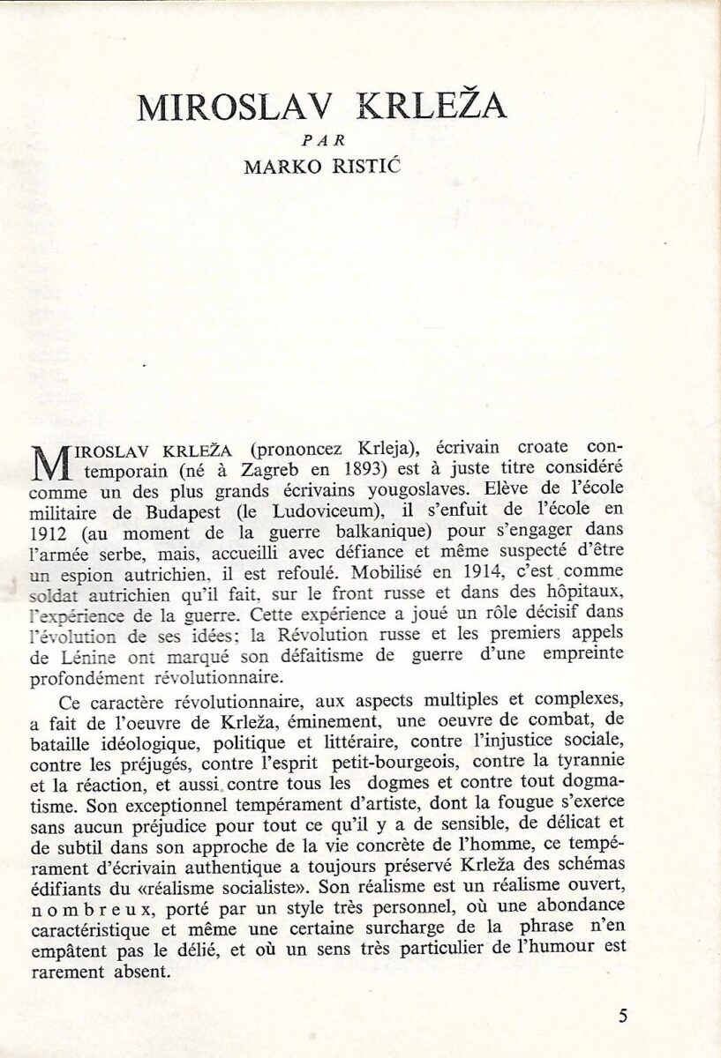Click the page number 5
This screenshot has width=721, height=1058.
[623, 1016]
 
